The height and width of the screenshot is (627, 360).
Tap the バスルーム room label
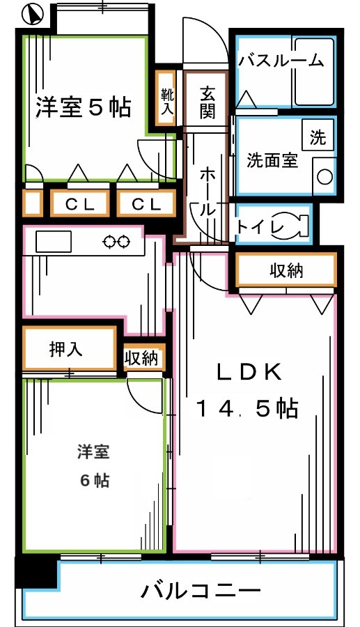[x=281, y=61]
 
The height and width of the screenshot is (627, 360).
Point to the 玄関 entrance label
[x=207, y=102]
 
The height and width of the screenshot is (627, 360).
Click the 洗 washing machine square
[x=317, y=137]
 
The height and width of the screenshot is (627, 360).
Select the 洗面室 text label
[x=272, y=161]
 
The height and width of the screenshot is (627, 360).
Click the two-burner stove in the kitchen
[x=116, y=242]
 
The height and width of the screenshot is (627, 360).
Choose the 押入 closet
[x=67, y=348]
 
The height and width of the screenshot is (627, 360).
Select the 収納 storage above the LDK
[x=286, y=271]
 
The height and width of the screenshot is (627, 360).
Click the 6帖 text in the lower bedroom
[x=93, y=480]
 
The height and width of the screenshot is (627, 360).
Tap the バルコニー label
[x=201, y=591]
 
